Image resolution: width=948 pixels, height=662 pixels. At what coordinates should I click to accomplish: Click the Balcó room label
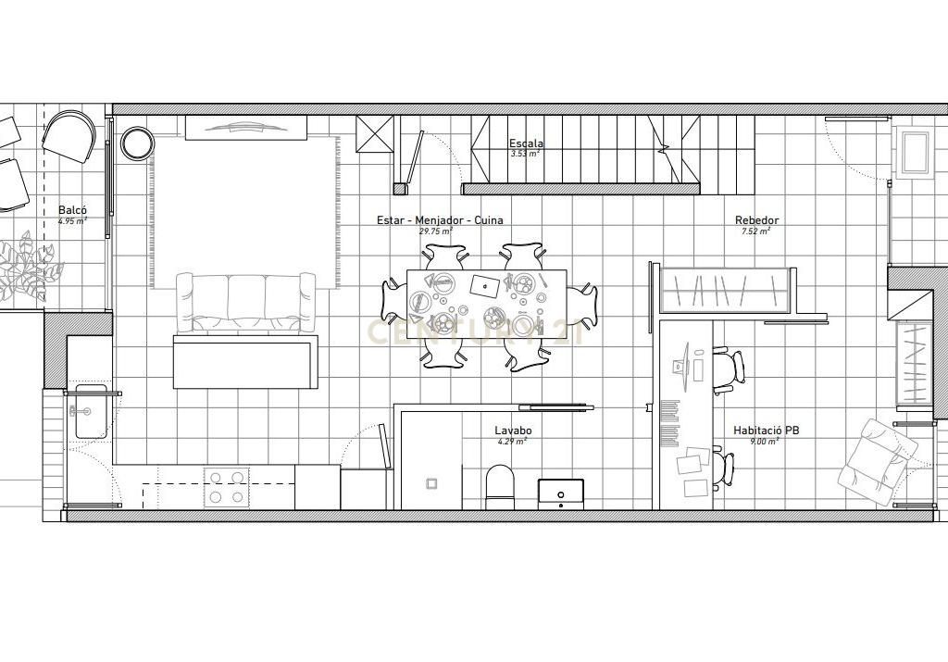pos(72,210)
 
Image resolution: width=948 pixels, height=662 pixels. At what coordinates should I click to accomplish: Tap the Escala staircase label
pos(526,144)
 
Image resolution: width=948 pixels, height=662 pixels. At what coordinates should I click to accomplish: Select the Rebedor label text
pos(757,220)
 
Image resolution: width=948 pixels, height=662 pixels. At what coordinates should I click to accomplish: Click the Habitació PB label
pos(766,431)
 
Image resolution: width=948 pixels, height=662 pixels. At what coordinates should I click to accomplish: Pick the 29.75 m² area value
pos(436,231)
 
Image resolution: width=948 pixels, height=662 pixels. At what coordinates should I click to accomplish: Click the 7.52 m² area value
pos(756,231)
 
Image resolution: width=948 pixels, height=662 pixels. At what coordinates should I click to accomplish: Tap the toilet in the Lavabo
pos(499,487)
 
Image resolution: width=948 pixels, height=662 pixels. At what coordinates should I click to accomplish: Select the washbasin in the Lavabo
pos(561,493)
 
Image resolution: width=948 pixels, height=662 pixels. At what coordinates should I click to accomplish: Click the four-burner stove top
pos(226,487)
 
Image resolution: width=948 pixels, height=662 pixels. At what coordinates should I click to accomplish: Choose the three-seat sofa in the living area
pos(245,302)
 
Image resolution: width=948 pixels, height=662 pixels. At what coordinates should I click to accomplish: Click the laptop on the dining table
pos(485,285)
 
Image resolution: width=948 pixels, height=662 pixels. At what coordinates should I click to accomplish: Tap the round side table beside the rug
pos(137,144)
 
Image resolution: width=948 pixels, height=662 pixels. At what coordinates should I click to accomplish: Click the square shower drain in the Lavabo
pos(433,483)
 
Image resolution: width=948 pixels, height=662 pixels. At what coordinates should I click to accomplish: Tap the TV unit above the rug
pos(245,128)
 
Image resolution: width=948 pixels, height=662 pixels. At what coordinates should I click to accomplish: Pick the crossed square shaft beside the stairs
pos(374,133)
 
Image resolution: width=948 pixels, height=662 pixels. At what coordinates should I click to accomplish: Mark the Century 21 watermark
pos(476,331)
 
